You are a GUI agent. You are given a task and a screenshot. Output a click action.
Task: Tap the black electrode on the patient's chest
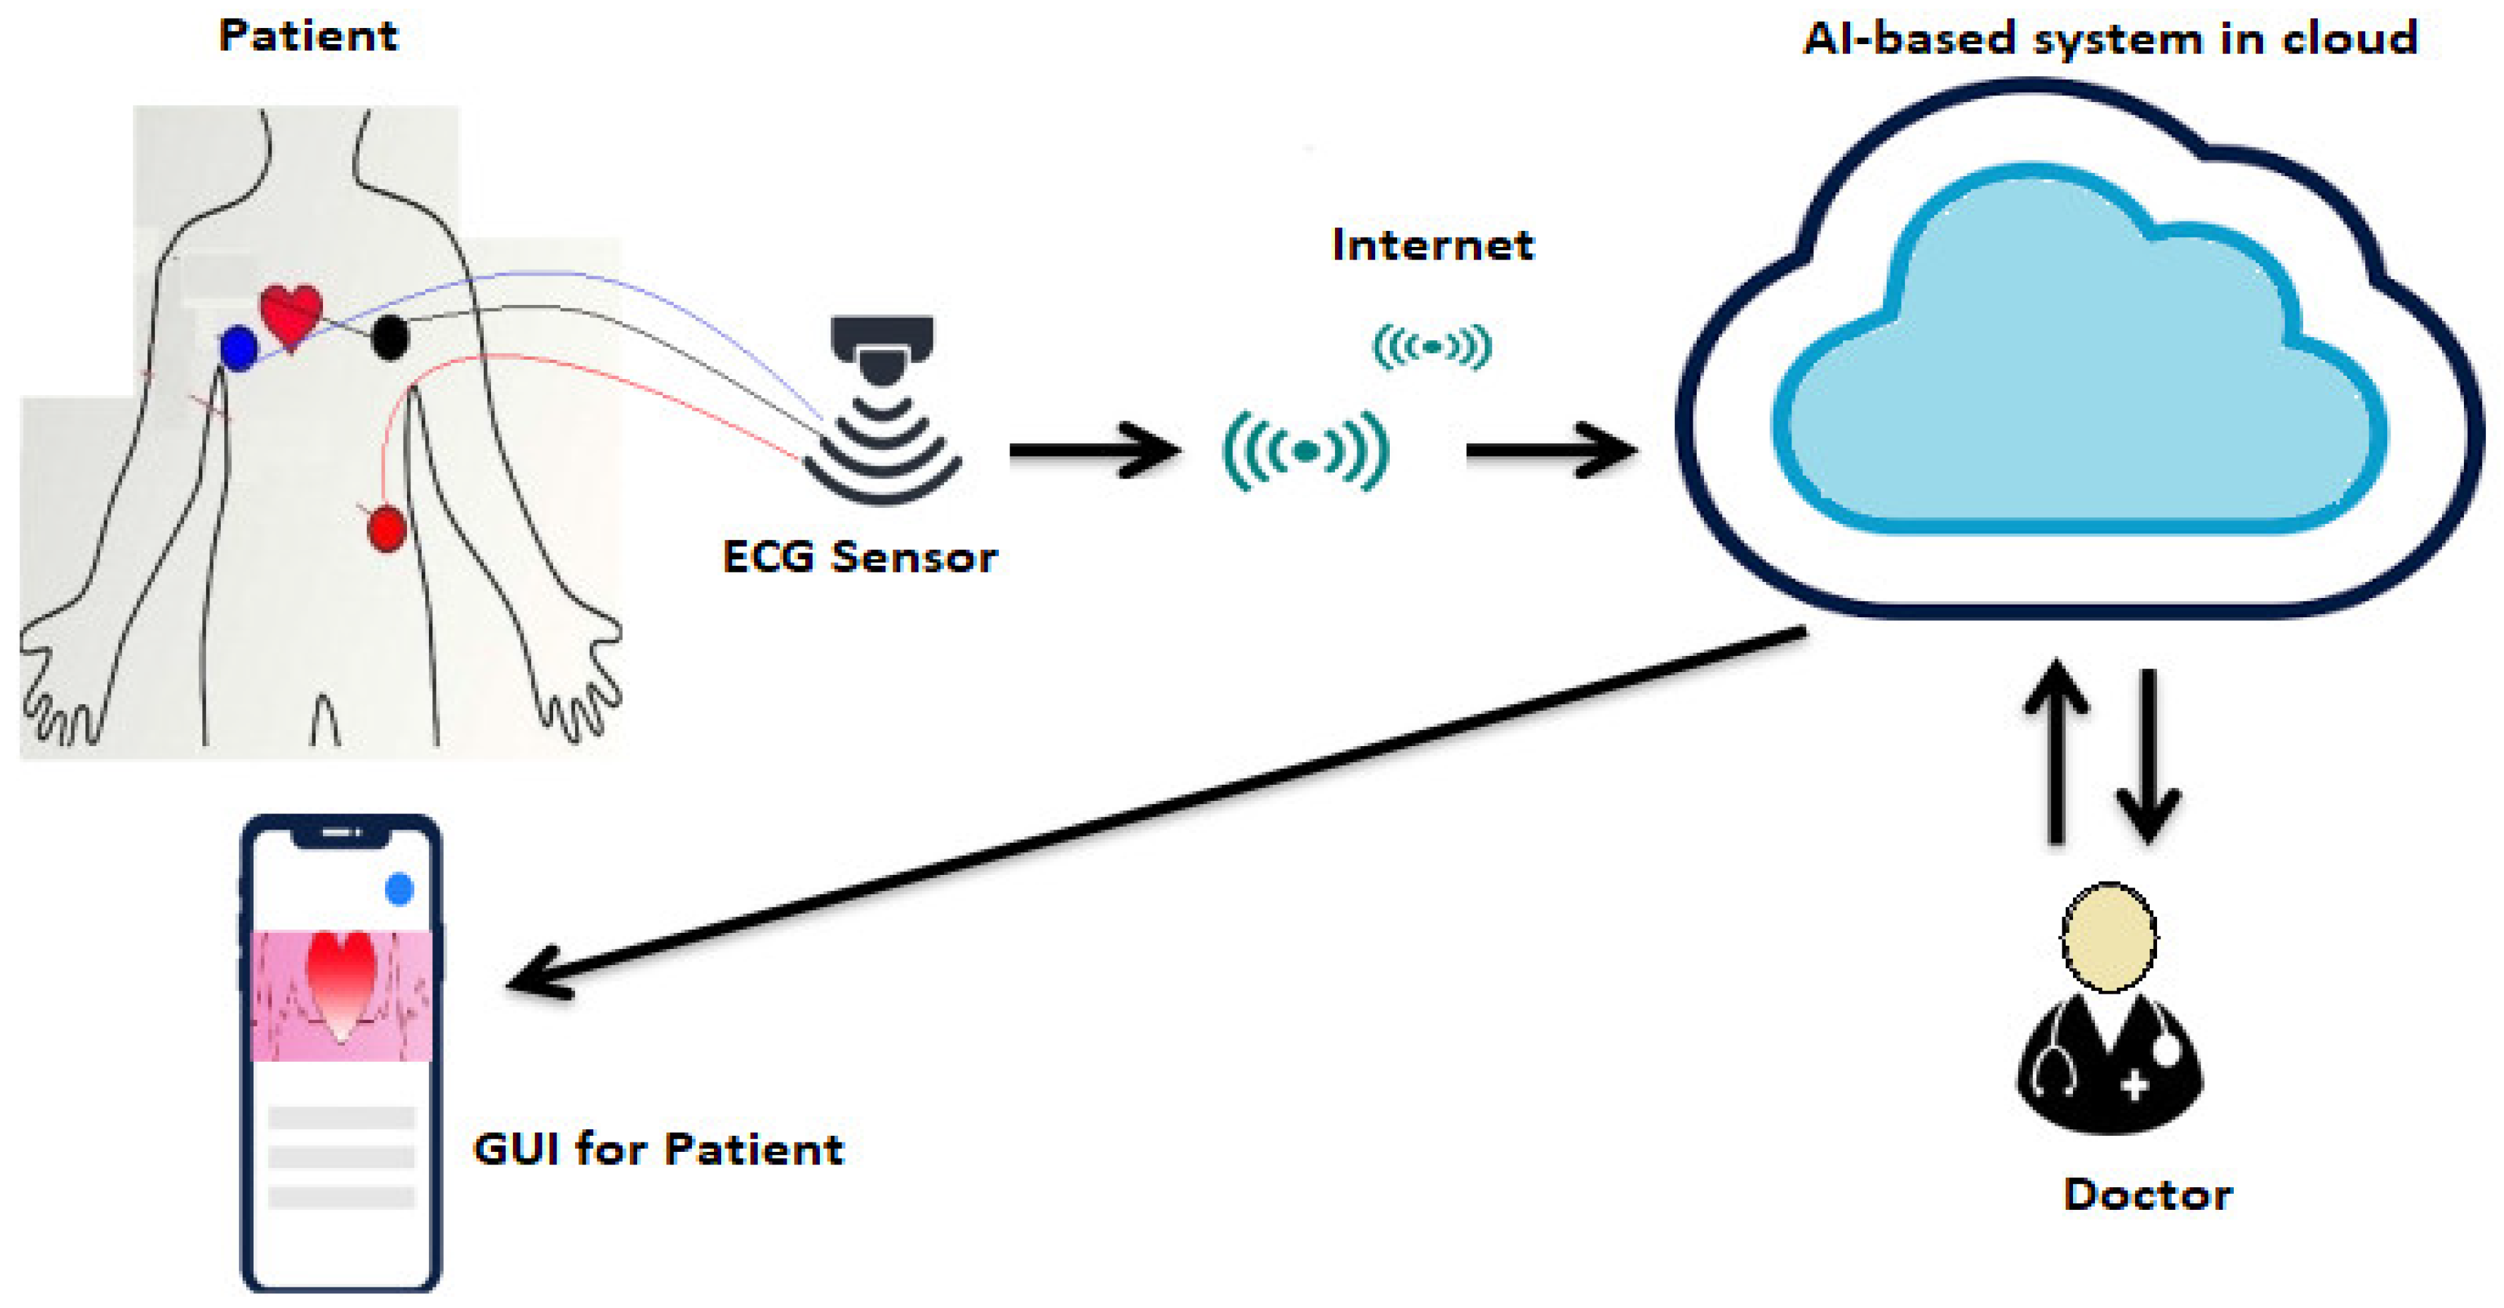click(x=390, y=338)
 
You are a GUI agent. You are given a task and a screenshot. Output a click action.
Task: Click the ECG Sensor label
click(x=859, y=558)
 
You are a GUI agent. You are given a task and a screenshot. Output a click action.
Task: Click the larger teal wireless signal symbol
click(x=1306, y=450)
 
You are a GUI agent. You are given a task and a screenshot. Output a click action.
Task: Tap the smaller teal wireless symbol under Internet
click(x=1431, y=346)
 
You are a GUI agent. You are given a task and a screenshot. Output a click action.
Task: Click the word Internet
click(x=1432, y=245)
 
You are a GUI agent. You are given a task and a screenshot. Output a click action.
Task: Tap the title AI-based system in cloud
click(x=2109, y=39)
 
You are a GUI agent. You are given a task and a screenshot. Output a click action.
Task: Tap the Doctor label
click(x=2147, y=1195)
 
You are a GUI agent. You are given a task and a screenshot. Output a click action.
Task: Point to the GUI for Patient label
click(x=658, y=1149)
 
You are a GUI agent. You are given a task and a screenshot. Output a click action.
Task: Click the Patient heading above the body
click(x=308, y=36)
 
